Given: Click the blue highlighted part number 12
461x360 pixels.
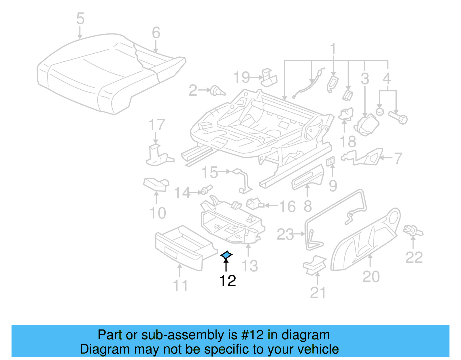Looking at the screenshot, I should click(x=226, y=255).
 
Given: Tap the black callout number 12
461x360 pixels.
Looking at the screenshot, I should click(x=227, y=280).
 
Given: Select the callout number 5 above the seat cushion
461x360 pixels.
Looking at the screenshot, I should click(x=80, y=19).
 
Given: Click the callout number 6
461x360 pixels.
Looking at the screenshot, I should click(x=156, y=33).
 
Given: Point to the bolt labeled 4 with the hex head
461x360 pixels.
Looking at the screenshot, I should click(x=398, y=118).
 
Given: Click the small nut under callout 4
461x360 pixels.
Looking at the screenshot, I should click(x=380, y=112).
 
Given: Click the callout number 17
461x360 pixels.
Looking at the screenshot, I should click(x=157, y=125).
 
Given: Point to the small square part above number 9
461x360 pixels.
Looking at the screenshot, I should click(x=330, y=162).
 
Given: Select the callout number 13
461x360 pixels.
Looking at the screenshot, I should click(x=250, y=266).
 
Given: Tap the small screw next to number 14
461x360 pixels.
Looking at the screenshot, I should click(x=206, y=190).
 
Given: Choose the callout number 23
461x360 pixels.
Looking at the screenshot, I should click(x=285, y=234).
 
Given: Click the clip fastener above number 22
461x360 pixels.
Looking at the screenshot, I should click(x=413, y=231).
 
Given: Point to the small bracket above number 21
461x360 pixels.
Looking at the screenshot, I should click(x=315, y=264).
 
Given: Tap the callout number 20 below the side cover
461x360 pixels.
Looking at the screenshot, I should click(x=371, y=276).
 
